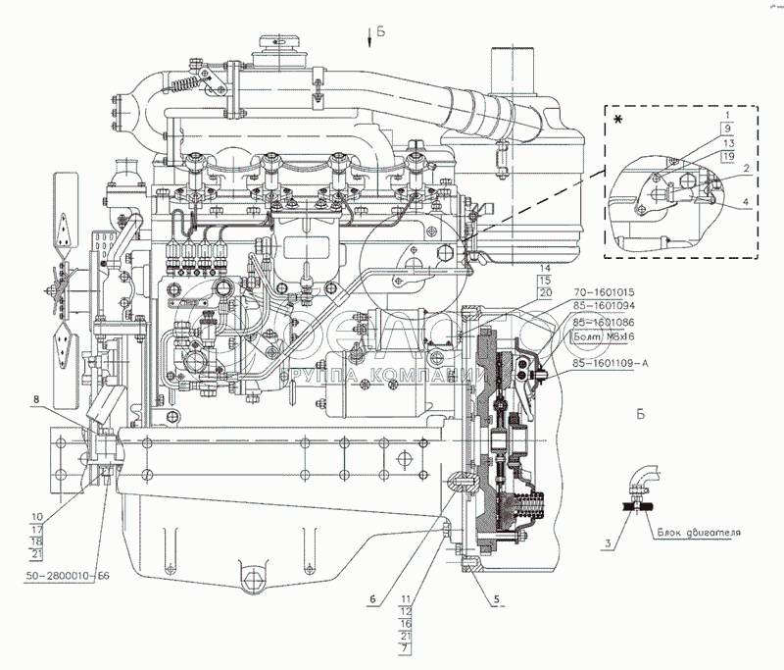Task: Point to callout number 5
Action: click(497, 595)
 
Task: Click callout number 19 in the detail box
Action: click(727, 156)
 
